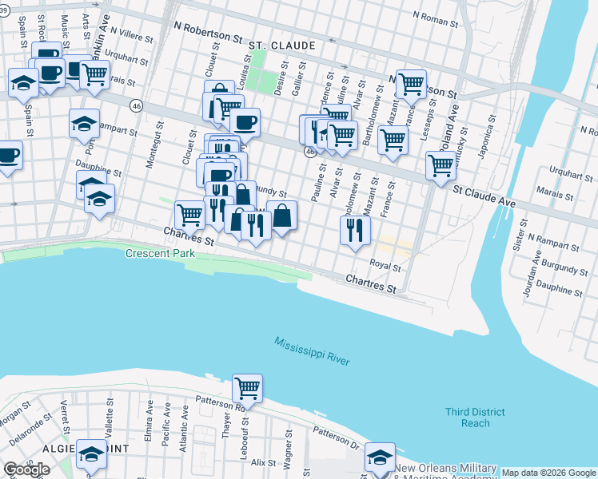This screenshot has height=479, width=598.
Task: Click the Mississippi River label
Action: click(312, 352)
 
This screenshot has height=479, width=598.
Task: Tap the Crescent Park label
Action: click(160, 254)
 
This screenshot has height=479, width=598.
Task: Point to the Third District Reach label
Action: click(476, 418)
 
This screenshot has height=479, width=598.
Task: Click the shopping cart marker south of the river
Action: click(247, 388)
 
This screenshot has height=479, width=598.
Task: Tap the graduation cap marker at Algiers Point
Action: click(91, 453)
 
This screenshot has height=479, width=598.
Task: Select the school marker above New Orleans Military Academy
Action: click(380, 456)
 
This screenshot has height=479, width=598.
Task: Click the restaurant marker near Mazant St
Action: click(354, 230)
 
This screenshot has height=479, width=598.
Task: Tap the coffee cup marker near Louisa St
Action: click(245, 122)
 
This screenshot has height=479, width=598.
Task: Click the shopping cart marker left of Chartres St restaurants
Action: click(189, 213)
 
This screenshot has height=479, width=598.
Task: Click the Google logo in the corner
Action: click(26, 469)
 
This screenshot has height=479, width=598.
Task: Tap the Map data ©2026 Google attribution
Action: click(548, 473)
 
